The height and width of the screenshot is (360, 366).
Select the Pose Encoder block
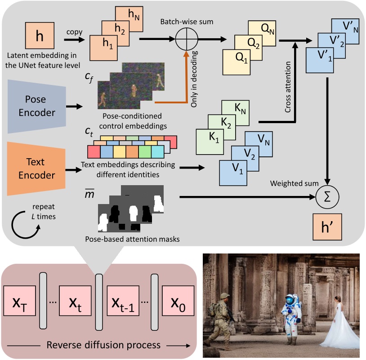(x=38, y=107)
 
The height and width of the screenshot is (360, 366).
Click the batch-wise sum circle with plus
(x=187, y=40)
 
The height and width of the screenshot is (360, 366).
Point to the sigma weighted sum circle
(x=328, y=197)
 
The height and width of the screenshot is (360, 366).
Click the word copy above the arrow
(x=74, y=32)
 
